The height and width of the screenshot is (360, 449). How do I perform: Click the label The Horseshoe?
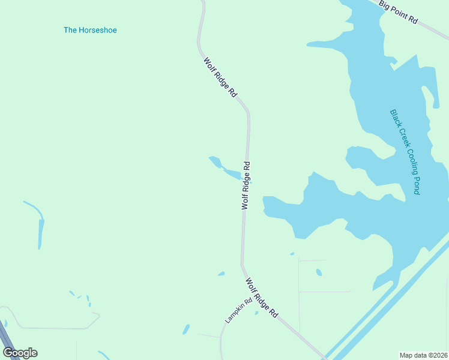tap(90, 30)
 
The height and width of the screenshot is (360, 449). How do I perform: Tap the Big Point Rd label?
tap(399, 12)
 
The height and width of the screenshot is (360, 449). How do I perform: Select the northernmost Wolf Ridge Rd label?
tap(220, 77)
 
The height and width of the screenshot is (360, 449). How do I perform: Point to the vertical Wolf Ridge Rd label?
tap(246, 185)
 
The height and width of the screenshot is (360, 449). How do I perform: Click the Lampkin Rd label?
tap(238, 312)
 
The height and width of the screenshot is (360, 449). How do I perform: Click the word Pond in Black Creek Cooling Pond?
tap(416, 184)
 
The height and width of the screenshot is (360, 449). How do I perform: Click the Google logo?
tap(20, 353)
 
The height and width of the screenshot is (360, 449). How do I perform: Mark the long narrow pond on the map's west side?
tap(41, 231)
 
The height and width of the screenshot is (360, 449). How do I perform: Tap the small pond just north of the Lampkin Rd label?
tap(221, 274)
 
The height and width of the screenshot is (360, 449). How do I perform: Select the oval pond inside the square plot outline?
tap(319, 272)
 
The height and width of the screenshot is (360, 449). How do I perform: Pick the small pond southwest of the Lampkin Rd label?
tap(186, 329)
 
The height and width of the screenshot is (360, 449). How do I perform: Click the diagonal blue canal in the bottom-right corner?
tap(384, 306)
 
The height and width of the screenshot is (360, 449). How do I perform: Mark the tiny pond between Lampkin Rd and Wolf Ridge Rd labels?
tap(256, 313)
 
